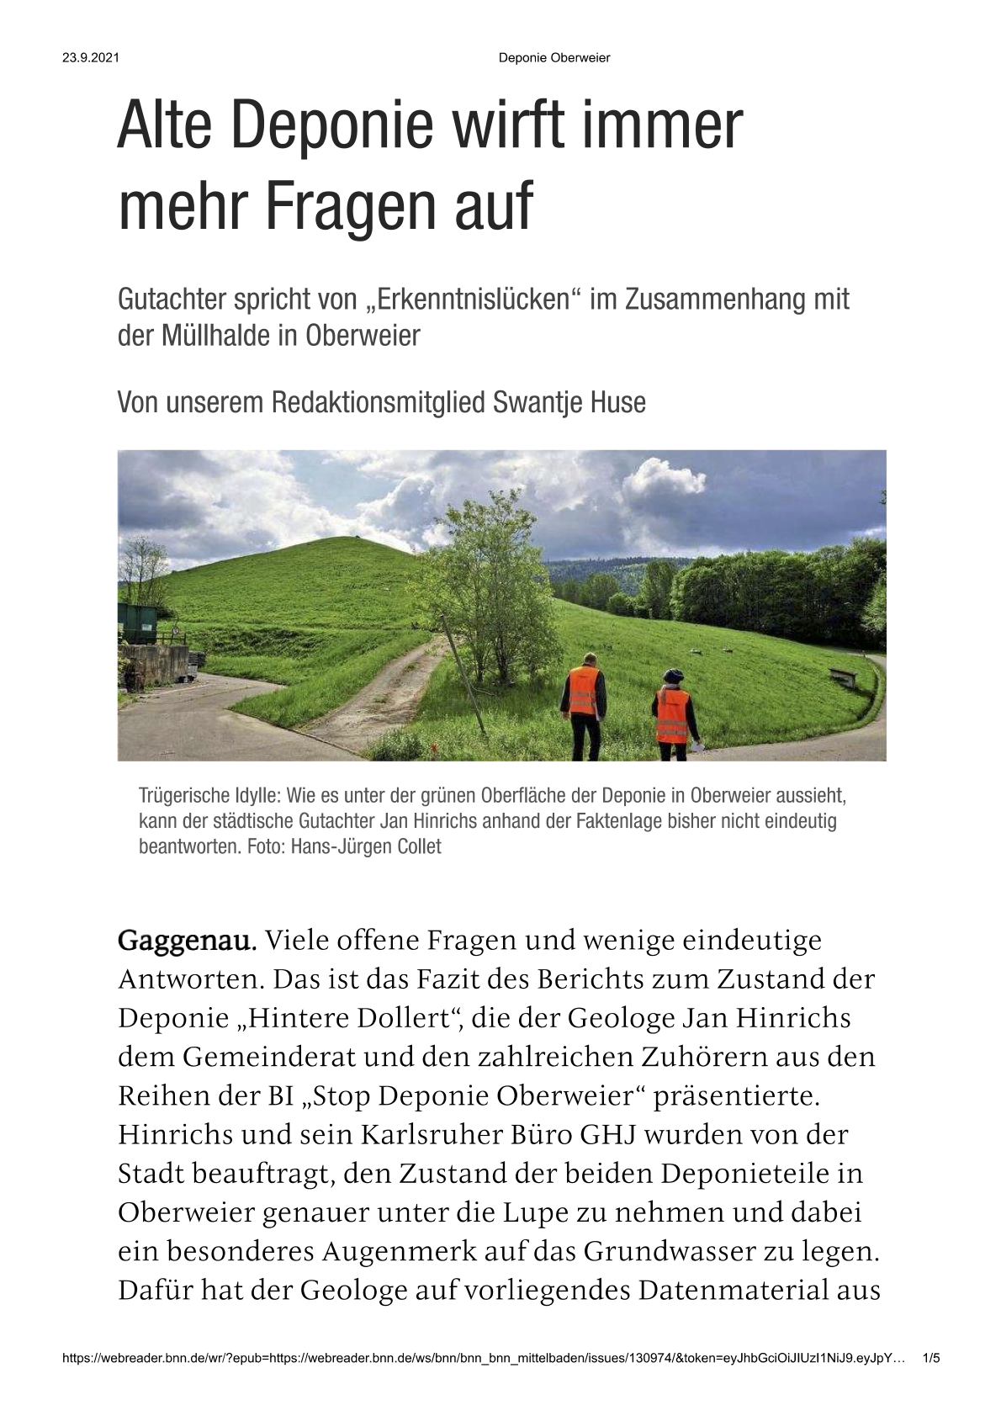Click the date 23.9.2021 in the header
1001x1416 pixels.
90,58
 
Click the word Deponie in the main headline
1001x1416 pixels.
331,127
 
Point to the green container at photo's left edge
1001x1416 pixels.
137,623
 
